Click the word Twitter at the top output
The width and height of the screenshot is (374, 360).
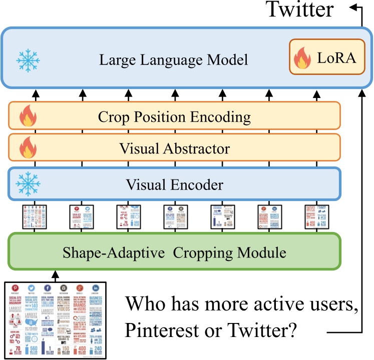tap(299, 9)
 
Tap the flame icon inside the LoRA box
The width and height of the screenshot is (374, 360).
tap(303, 58)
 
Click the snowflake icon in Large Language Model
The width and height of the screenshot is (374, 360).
tap(28, 60)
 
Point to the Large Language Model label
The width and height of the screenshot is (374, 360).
tap(173, 60)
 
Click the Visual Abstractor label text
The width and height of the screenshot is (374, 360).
tap(174, 148)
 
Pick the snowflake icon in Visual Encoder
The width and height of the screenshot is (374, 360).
tap(28, 185)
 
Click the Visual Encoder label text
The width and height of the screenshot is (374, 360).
tap(174, 185)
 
